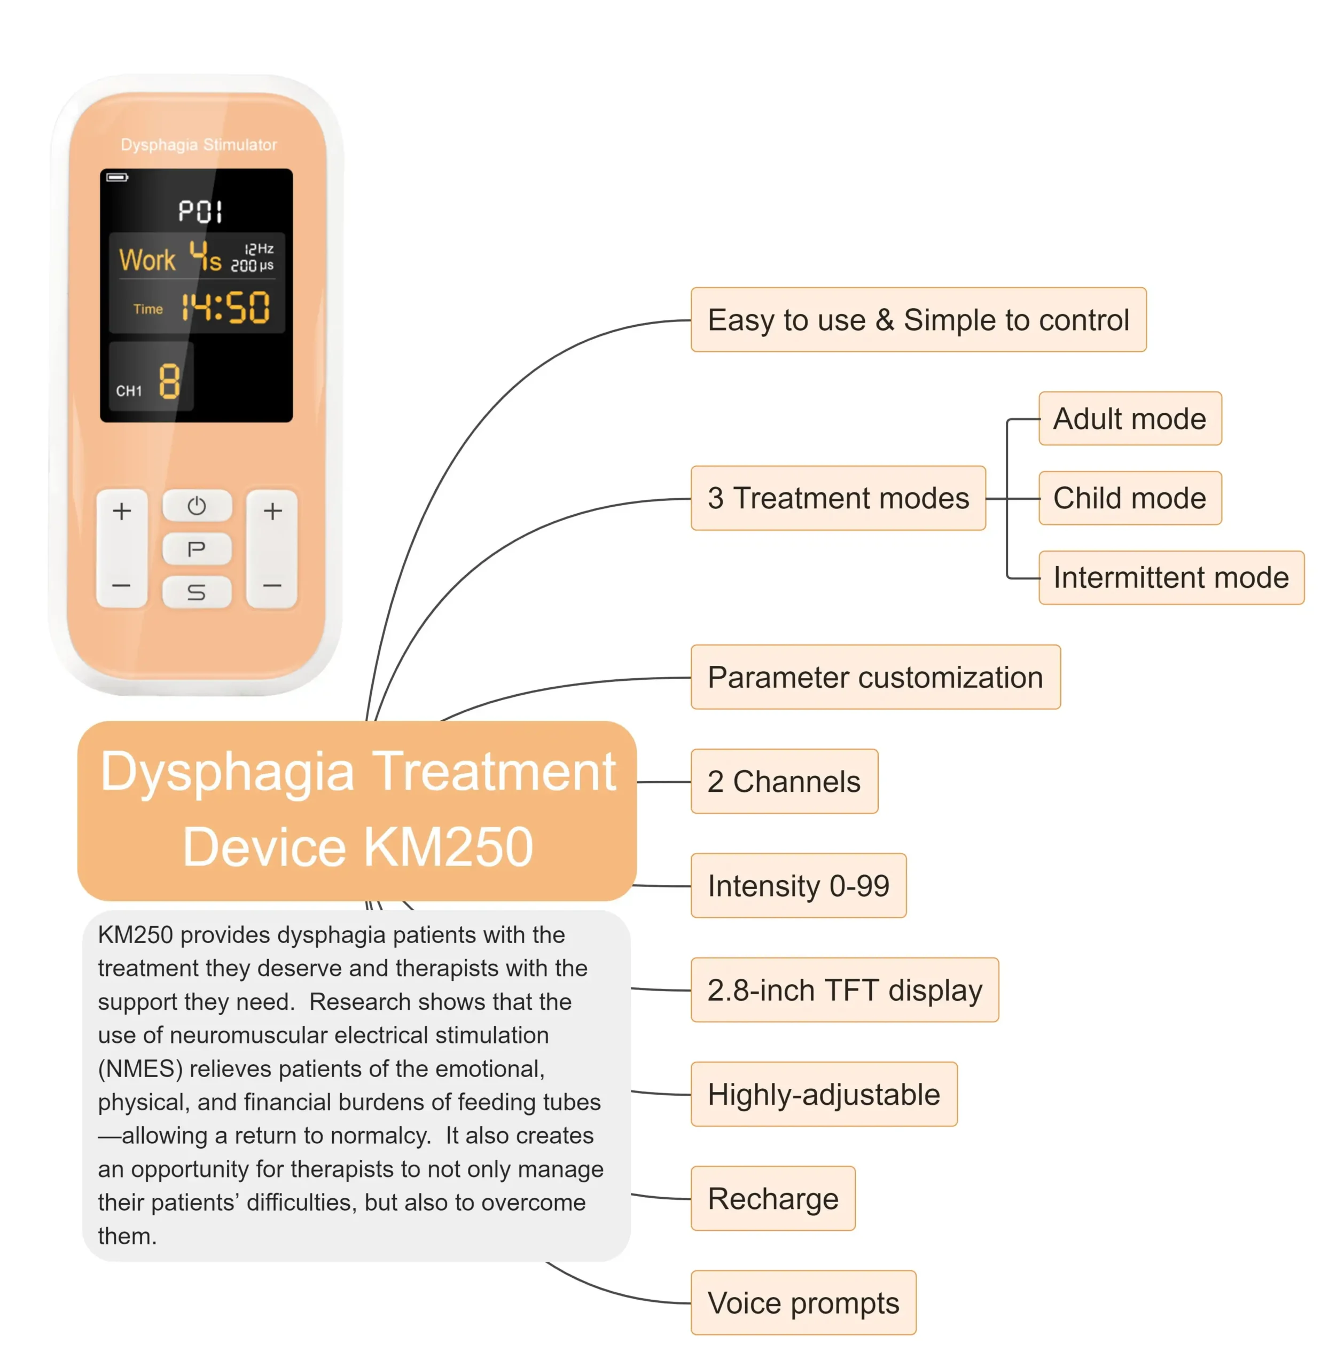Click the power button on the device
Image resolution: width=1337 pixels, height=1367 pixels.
tap(197, 506)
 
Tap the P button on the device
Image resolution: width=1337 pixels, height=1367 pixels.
tap(197, 548)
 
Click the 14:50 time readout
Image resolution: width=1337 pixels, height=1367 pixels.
tap(225, 308)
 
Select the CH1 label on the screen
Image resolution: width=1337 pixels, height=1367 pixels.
tap(129, 391)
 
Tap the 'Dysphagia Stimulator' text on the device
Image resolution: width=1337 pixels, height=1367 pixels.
tap(199, 145)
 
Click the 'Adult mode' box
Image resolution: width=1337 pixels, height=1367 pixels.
tap(1130, 419)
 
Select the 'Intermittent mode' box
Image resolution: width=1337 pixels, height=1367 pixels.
tap(1170, 578)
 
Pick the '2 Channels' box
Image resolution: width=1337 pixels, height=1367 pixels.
tap(784, 781)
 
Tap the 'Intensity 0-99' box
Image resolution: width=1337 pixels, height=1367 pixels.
tap(799, 886)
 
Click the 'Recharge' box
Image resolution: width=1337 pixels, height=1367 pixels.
tap(772, 1198)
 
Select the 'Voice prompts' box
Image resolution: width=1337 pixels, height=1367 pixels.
tap(803, 1303)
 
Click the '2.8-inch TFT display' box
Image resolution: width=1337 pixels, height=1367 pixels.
tap(844, 990)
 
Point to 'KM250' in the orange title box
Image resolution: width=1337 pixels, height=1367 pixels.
tap(448, 847)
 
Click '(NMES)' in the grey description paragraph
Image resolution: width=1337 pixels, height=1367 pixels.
tap(140, 1069)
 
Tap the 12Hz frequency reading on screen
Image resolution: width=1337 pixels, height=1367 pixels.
tap(259, 248)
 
